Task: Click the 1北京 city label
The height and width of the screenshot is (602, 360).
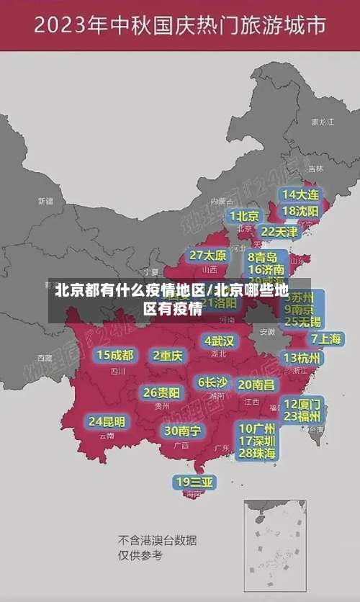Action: coord(244,215)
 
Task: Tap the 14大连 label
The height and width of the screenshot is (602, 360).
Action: coord(300,194)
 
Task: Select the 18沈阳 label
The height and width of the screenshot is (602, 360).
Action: coord(300,211)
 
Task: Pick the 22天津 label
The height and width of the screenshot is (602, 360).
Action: coord(279,232)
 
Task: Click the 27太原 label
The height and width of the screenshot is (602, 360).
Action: coord(208,256)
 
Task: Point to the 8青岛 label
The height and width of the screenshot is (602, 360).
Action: coord(263,257)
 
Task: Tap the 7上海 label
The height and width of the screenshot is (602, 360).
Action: coord(326,338)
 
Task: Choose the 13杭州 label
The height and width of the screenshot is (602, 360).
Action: coord(302,358)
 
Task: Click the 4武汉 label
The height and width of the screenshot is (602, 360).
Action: coord(219,341)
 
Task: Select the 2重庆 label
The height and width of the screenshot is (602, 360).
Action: coord(168,355)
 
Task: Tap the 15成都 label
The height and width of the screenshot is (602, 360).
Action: coord(115,355)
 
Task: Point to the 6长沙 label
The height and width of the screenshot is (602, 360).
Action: coord(212,382)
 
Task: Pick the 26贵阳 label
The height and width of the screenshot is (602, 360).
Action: coord(161,392)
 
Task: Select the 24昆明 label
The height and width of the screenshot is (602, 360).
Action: coord(107,421)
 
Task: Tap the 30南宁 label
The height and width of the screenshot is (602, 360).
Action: coord(181,431)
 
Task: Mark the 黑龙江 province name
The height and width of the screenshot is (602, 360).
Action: coord(322,122)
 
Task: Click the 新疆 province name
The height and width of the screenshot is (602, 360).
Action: coord(45,201)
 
